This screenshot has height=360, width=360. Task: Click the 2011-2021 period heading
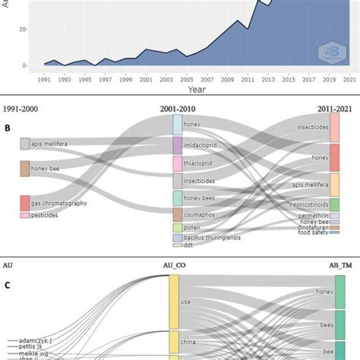click(x=334, y=109)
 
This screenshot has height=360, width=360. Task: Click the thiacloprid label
click(x=202, y=163)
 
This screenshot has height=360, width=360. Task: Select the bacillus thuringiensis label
click(x=216, y=238)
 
